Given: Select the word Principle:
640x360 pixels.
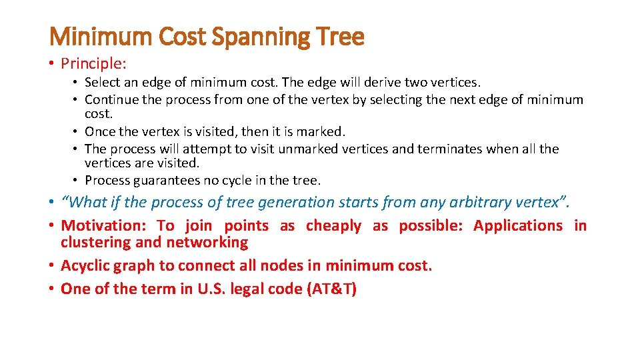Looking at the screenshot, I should coord(94,63).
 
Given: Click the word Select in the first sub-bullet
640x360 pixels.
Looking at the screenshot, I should coord(102,83).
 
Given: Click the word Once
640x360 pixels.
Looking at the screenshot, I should coord(100,131).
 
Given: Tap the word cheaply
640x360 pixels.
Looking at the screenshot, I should coord(333,226).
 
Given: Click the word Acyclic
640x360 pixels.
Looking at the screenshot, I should coord(85,266).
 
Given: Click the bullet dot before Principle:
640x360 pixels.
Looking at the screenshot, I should coord(52,64).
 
